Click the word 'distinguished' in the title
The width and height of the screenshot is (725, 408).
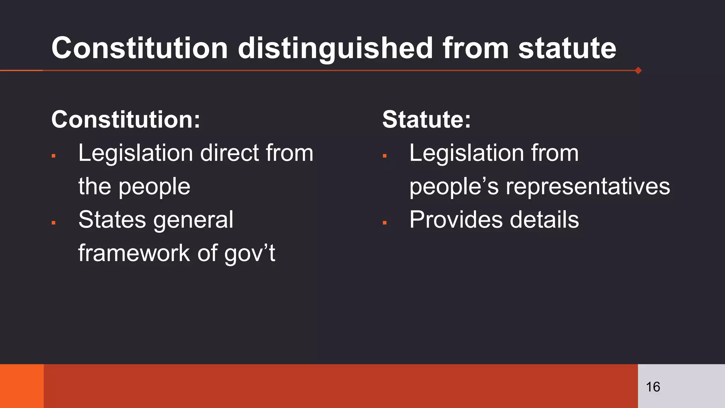[x=335, y=48]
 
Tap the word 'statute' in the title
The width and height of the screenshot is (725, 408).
[x=567, y=48]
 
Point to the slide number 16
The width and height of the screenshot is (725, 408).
[x=653, y=387]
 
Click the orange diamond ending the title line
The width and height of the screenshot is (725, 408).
[x=638, y=70]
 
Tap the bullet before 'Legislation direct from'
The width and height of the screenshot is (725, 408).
[x=53, y=155]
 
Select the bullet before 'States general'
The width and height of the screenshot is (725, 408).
[x=53, y=222]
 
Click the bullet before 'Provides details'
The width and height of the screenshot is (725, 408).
[x=384, y=222]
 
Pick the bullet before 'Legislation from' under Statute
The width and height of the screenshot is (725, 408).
[x=384, y=155]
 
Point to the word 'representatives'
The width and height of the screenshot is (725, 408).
[x=588, y=187]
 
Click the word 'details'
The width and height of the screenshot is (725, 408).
[x=544, y=220]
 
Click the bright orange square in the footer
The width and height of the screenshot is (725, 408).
[x=22, y=386]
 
